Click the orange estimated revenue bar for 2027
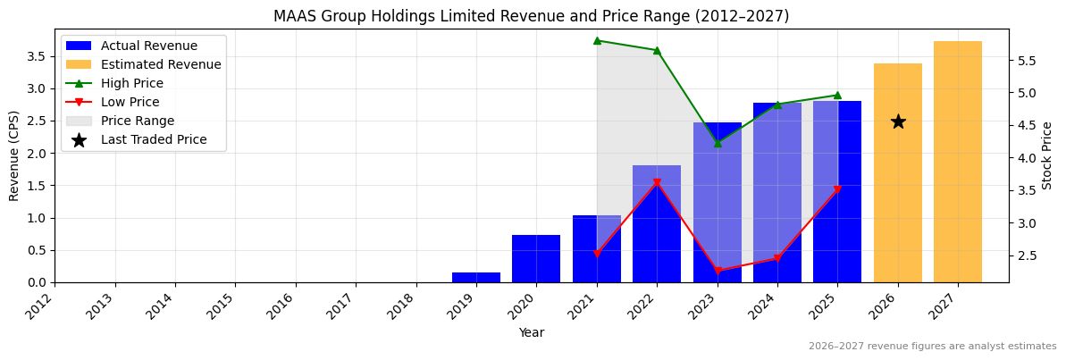[957, 162]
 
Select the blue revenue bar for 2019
[475, 278]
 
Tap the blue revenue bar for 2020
[536, 259]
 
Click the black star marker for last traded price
[898, 121]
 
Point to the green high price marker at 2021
[597, 40]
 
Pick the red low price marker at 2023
[718, 271]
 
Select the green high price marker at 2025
[837, 95]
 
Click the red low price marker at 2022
[657, 183]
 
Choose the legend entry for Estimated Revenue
[161, 64]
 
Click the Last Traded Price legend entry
[154, 139]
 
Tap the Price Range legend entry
[138, 121]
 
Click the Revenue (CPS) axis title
[14, 155]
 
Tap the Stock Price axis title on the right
[1048, 155]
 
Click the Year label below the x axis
[532, 332]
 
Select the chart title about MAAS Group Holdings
[532, 16]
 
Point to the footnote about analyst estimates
[932, 347]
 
